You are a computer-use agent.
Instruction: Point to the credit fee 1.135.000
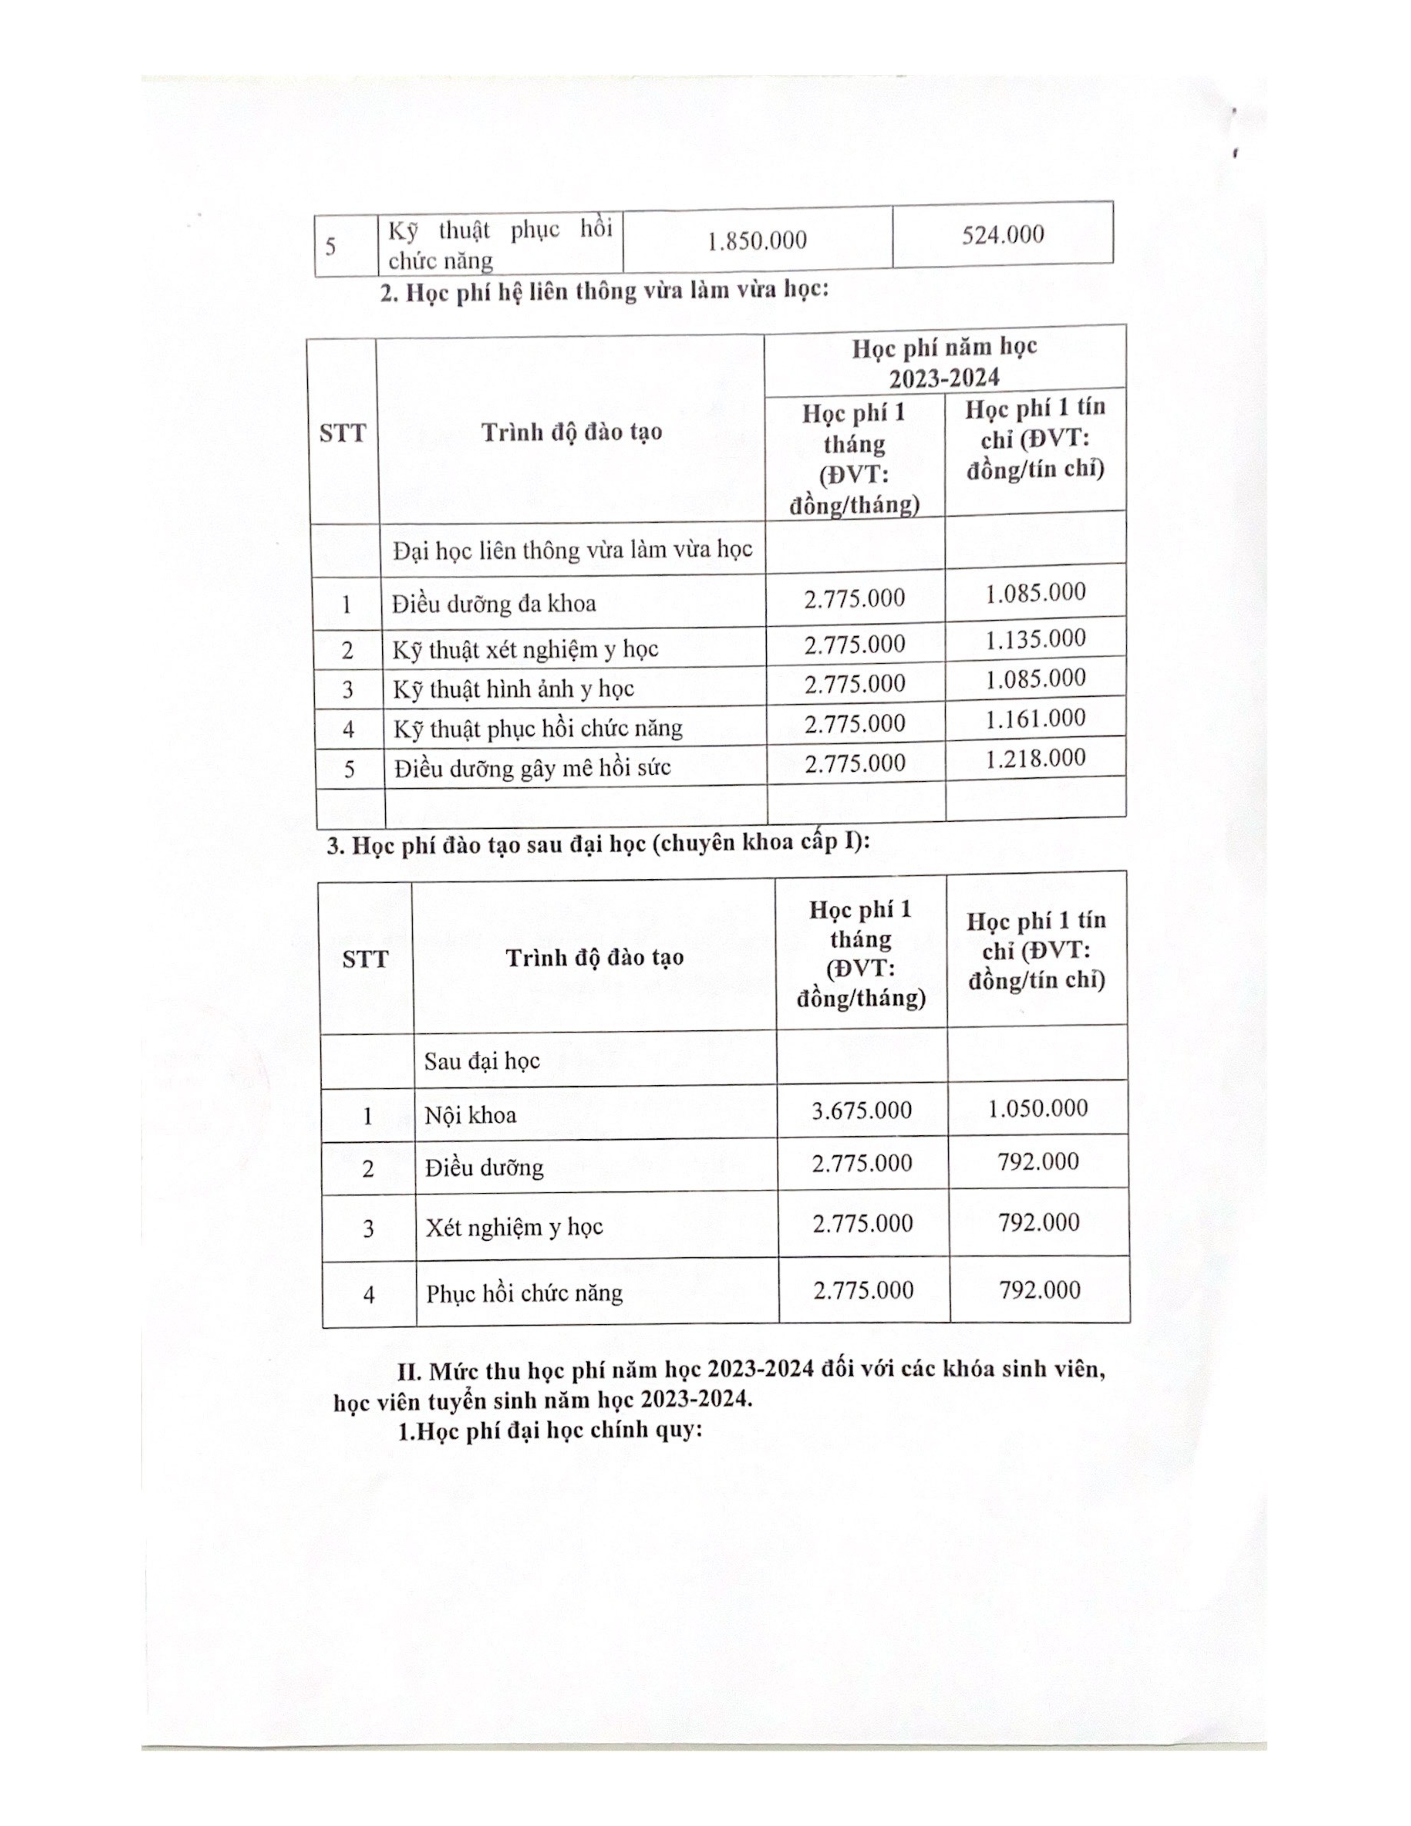1035,640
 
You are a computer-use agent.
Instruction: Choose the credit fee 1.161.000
1035,718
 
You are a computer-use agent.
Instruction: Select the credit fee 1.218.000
1035,758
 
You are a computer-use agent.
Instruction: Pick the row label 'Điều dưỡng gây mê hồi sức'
533,767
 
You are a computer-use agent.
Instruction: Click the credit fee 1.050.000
1037,1108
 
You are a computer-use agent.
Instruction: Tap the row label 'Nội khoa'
471,1114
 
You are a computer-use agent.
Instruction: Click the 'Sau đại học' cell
481,1061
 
